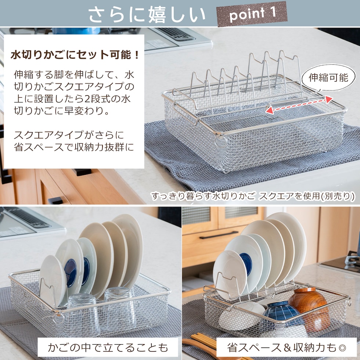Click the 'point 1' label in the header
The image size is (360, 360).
252,14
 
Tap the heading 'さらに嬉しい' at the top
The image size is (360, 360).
147,14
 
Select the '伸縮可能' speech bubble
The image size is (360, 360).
328,78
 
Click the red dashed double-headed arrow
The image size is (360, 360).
299,105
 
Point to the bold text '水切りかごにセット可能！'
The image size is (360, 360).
75,55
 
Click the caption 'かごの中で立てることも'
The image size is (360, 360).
108,348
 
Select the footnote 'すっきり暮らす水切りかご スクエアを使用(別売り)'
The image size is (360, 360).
253,196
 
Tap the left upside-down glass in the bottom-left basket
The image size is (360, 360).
83,314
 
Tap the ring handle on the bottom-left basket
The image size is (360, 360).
58,318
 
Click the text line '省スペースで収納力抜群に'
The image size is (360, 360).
74,147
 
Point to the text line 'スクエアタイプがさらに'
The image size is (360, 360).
69,135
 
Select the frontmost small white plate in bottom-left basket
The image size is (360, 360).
53,281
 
